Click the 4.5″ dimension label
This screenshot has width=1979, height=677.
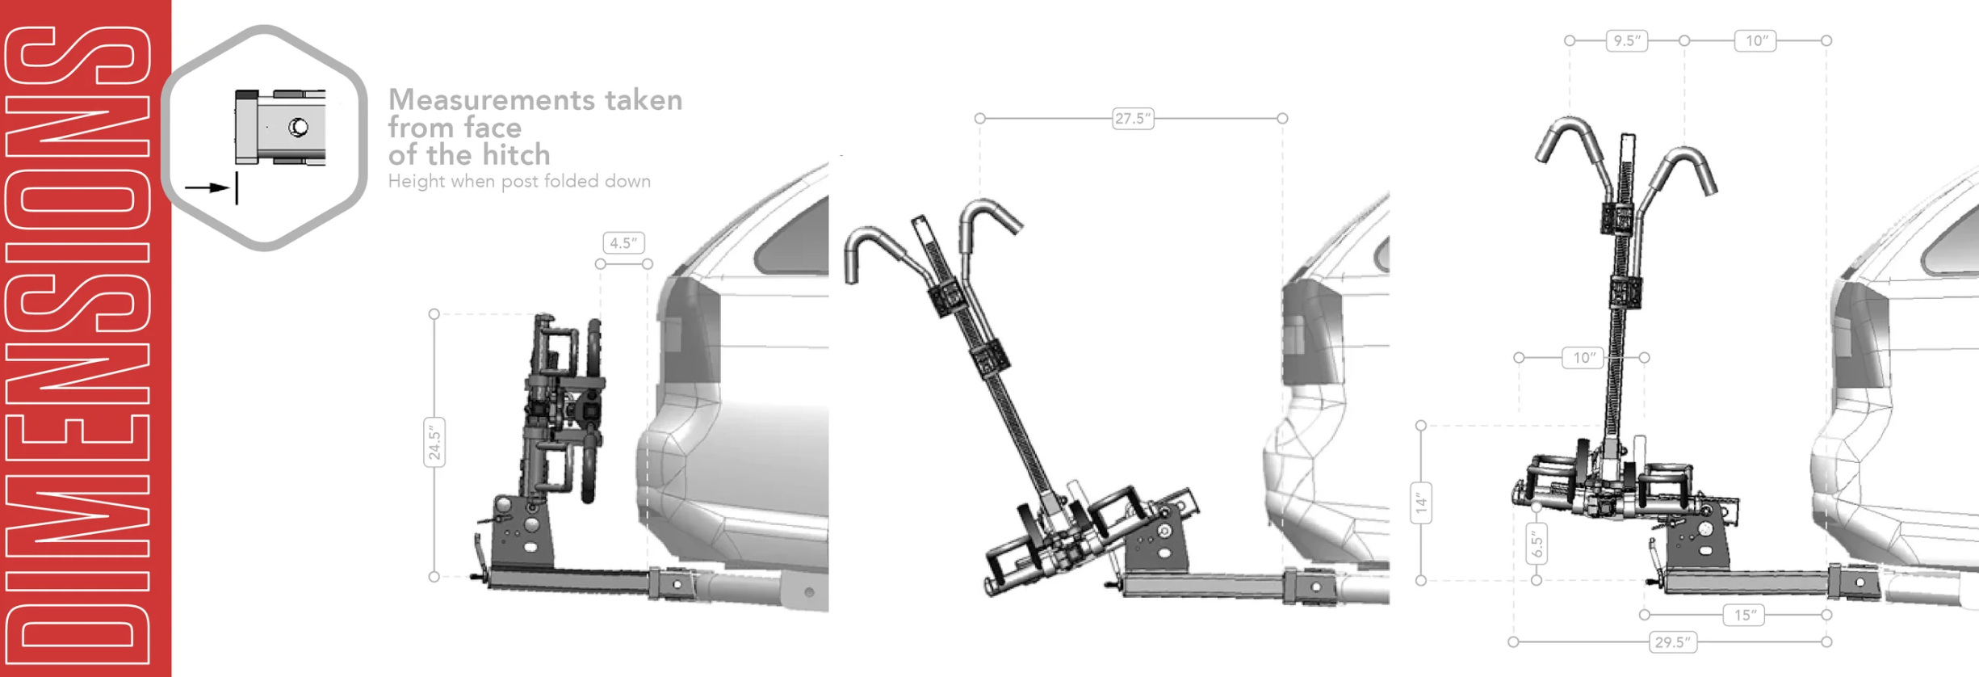[x=623, y=242]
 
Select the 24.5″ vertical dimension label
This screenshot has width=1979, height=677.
[x=434, y=443]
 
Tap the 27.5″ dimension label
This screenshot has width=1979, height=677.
[x=1132, y=119]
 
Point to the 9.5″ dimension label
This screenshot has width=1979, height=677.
[x=1626, y=40]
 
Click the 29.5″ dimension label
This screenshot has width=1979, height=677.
[x=1672, y=642]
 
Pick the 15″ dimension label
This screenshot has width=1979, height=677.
[x=1745, y=615]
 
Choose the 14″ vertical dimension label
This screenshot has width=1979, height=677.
[x=1421, y=503]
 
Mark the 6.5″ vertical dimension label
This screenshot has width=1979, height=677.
[x=1537, y=543]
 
